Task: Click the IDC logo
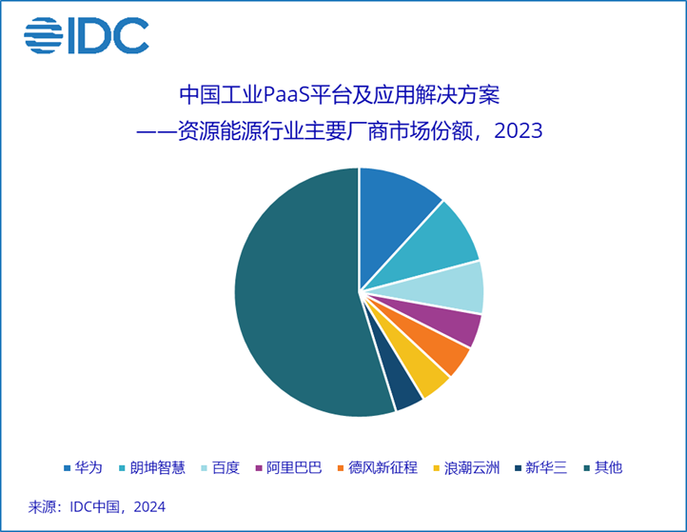tap(87, 36)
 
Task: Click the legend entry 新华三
tap(540, 467)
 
